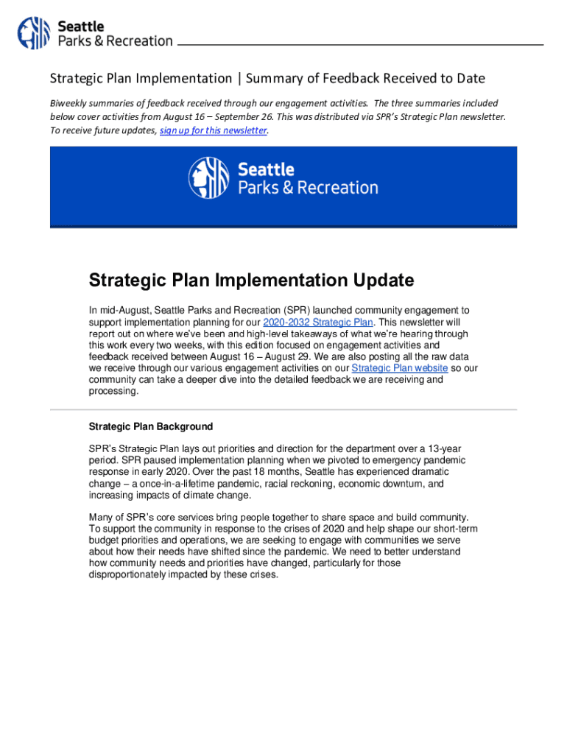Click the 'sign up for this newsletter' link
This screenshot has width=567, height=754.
click(x=213, y=130)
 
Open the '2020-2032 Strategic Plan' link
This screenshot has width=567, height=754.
click(x=318, y=323)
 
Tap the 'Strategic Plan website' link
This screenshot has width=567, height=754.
click(x=400, y=368)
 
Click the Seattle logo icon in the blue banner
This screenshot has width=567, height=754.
click(x=208, y=177)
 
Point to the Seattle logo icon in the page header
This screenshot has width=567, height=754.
click(x=34, y=33)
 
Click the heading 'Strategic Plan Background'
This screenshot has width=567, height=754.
click(x=151, y=426)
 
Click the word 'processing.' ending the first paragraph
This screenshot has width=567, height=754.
click(x=113, y=392)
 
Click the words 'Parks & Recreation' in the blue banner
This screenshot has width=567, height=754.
click(x=308, y=188)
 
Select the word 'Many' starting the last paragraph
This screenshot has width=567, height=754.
click(x=101, y=517)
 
